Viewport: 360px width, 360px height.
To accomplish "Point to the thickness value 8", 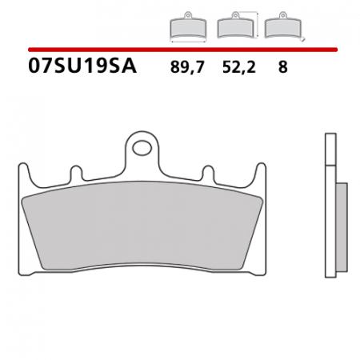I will pyautogui.click(x=282, y=68).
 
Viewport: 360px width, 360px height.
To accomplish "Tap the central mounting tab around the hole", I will pyautogui.click(x=144, y=157).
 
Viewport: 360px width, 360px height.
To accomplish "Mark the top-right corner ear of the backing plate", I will pyautogui.click(x=261, y=171).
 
